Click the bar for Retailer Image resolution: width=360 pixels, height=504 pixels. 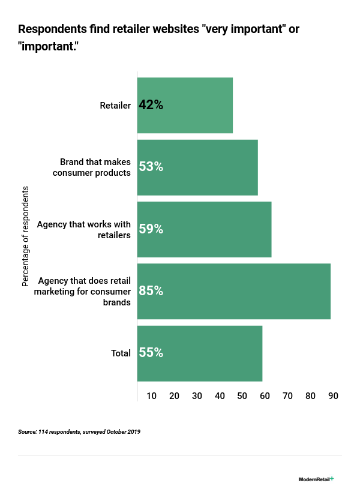click(185, 106)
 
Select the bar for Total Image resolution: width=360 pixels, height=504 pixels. click(200, 353)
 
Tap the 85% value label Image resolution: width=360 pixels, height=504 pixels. click(151, 291)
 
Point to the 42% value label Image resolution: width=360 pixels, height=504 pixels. click(151, 105)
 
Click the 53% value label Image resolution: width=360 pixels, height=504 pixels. click(151, 167)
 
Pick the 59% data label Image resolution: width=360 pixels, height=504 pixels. click(151, 229)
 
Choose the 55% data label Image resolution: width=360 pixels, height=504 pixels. click(151, 353)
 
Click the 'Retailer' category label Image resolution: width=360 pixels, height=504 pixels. click(115, 106)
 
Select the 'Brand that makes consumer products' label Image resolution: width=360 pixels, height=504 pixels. click(95, 167)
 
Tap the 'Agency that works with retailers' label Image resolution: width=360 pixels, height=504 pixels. click(84, 230)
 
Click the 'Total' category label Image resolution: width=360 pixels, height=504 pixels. click(121, 353)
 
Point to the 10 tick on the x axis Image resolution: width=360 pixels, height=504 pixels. click(152, 396)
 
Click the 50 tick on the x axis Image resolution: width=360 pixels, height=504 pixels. click(242, 396)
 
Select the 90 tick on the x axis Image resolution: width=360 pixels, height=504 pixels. click(333, 396)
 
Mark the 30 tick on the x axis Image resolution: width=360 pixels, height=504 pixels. click(197, 396)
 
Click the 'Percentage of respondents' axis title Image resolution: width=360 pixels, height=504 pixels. click(26, 236)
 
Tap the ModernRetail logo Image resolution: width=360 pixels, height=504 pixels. click(316, 479)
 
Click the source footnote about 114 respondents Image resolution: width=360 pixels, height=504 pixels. click(79, 431)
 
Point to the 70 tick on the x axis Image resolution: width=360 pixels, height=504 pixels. click(288, 396)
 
